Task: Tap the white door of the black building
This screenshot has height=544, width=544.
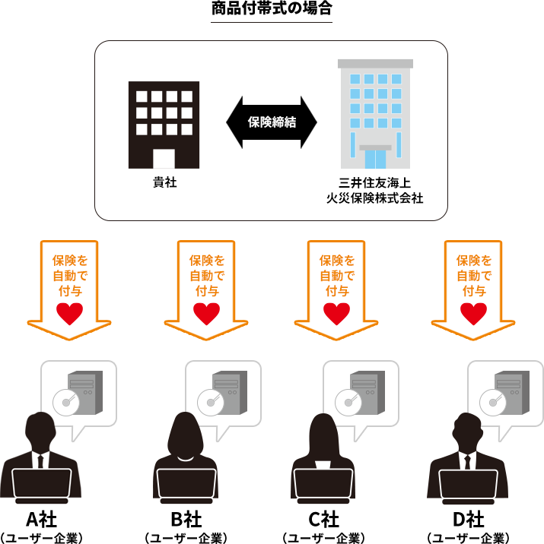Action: [164, 158]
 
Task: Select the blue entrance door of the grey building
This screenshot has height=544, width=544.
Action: [375, 158]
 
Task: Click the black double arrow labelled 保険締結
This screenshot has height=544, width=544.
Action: [272, 122]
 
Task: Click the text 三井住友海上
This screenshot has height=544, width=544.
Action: [370, 184]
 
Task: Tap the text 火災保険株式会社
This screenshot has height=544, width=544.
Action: [370, 199]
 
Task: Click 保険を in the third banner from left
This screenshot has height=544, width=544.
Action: [337, 260]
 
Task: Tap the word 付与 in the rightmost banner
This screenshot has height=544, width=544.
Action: [473, 290]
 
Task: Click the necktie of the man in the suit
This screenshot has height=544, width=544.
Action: [469, 461]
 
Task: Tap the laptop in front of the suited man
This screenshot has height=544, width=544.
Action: [468, 486]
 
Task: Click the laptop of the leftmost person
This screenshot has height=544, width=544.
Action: [42, 486]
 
